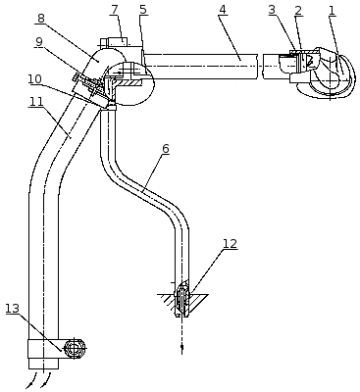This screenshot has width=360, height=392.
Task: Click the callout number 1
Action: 332,11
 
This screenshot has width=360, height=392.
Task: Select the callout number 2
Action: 298,11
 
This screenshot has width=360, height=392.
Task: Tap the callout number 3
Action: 272,10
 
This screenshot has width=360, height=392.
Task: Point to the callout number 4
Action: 222,10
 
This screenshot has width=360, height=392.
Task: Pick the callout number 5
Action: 143,10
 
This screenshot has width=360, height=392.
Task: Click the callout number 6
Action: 166,149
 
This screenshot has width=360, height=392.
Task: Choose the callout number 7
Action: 114,10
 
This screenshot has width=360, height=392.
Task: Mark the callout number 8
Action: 40,19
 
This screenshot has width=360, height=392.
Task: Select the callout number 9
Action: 39,41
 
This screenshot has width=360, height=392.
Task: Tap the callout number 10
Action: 34,78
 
